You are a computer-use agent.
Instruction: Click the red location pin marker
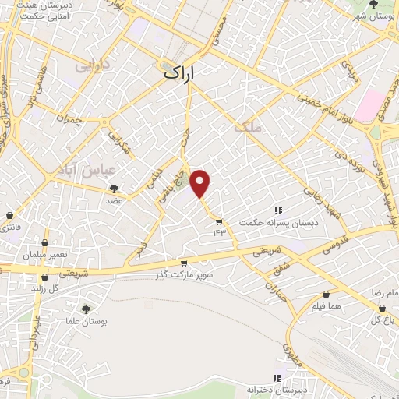[201, 183]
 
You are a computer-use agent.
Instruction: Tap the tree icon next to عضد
[115, 189]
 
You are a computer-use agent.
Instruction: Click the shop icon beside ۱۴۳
[219, 221]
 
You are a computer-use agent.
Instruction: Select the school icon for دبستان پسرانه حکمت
[277, 210]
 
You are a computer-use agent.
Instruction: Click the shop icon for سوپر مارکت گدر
[184, 263]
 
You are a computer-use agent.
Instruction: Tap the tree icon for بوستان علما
[86, 309]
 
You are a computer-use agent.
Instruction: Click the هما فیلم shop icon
[325, 295]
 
